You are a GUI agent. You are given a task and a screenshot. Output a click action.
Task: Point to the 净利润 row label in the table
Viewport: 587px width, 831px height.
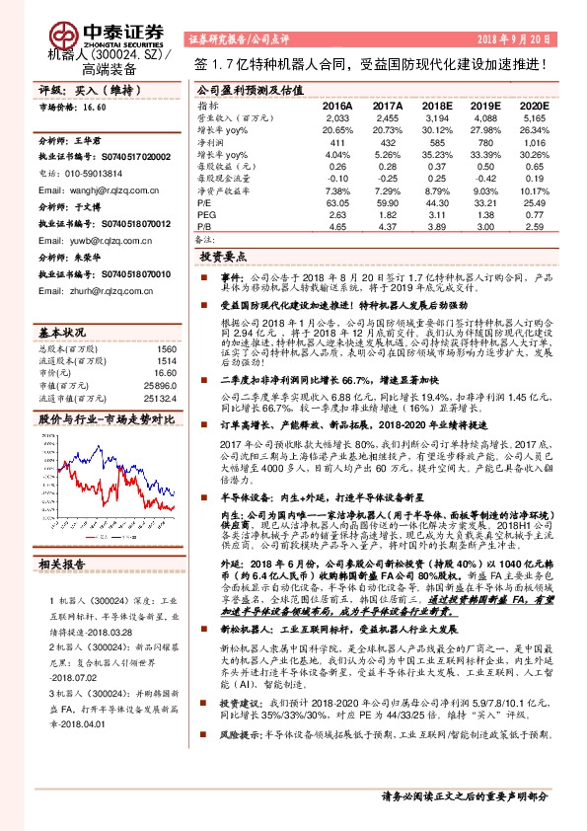(x=213, y=141)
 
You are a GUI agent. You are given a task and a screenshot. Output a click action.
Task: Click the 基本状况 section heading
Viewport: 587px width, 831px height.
(x=62, y=330)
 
